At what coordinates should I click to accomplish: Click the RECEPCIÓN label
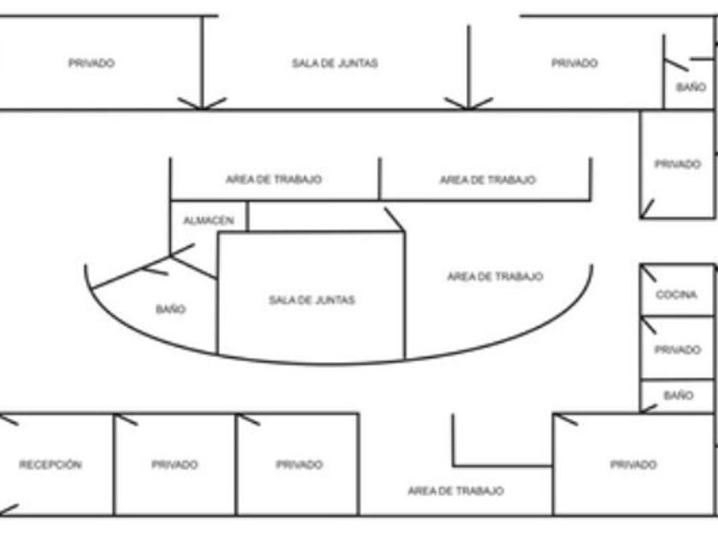pyautogui.click(x=50, y=465)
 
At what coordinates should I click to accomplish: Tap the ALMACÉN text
pyautogui.click(x=208, y=220)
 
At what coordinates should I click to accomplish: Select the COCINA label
pyautogui.click(x=676, y=295)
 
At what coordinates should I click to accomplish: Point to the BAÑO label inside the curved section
pyautogui.click(x=170, y=309)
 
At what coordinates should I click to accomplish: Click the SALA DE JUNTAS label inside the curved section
pyautogui.click(x=311, y=300)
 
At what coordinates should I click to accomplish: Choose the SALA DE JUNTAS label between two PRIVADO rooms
pyautogui.click(x=334, y=63)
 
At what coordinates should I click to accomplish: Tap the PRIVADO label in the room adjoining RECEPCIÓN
pyautogui.click(x=174, y=465)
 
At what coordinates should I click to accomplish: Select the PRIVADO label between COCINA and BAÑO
pyautogui.click(x=677, y=349)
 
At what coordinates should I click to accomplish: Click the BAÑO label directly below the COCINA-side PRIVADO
pyautogui.click(x=678, y=396)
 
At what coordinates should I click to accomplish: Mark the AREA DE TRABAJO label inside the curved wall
pyautogui.click(x=494, y=277)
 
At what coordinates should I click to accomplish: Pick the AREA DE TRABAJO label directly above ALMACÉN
pyautogui.click(x=274, y=180)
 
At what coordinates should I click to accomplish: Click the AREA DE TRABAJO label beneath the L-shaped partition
pyautogui.click(x=455, y=491)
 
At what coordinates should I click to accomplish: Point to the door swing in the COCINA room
pyautogui.click(x=649, y=273)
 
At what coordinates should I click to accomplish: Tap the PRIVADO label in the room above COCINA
pyautogui.click(x=677, y=164)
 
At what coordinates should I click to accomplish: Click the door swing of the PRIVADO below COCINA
pyautogui.click(x=649, y=325)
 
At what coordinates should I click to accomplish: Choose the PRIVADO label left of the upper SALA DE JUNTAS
pyautogui.click(x=91, y=63)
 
